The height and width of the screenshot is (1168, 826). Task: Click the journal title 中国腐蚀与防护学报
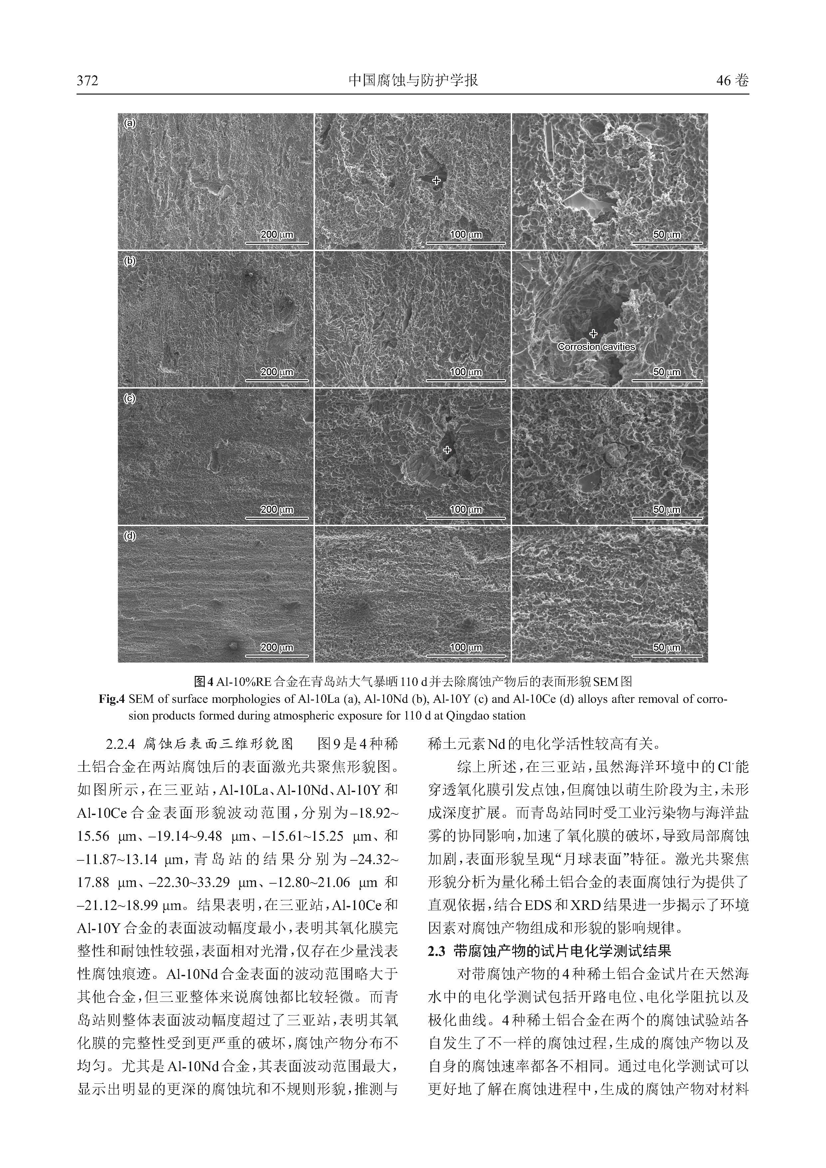[413, 80]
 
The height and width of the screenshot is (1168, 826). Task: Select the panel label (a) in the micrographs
[130, 123]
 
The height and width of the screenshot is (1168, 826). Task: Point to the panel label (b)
[130, 261]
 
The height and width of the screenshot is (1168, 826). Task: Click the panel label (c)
[130, 399]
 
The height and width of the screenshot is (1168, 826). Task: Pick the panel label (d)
[130, 536]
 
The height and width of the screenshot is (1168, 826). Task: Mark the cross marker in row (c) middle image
[447, 450]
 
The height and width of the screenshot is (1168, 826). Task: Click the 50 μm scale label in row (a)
[666, 234]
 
